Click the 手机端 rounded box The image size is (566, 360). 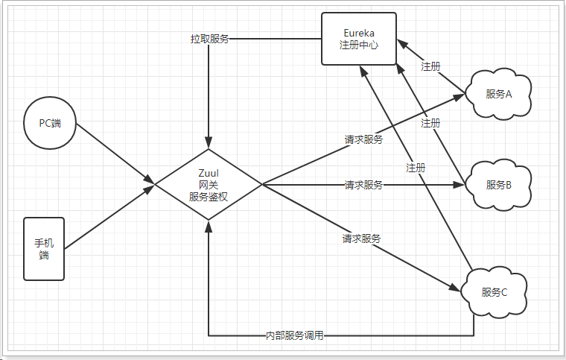44,249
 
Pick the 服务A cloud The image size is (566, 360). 498,94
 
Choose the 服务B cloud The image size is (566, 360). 498,185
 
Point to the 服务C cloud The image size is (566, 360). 494,291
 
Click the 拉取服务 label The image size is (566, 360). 209,39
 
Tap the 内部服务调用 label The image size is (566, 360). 295,336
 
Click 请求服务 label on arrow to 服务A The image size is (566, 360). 363,139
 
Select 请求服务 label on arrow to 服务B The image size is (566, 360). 363,185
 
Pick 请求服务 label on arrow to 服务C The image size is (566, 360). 361,239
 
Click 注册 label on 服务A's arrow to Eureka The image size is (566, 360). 430,66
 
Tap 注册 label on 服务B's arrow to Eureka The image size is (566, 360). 430,123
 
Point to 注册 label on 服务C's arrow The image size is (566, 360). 416,168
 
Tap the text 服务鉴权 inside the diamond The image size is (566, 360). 208,197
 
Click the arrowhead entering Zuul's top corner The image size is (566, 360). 209,139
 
